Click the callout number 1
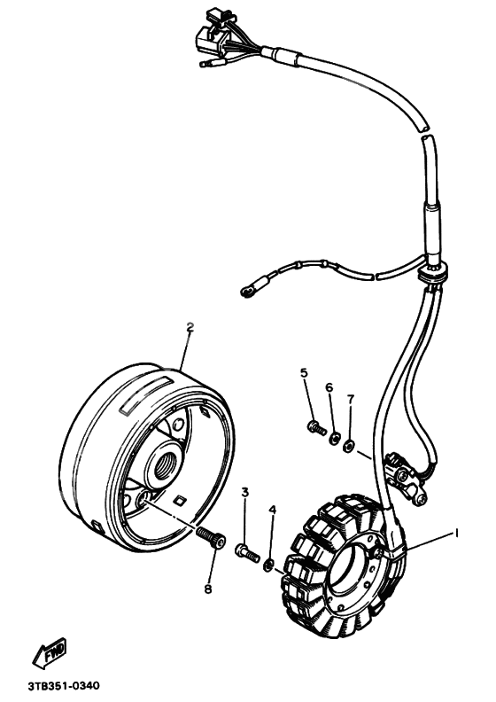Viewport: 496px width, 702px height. click(x=457, y=533)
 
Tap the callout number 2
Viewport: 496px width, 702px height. click(x=190, y=327)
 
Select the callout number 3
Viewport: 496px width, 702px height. click(x=245, y=493)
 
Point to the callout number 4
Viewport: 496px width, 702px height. click(x=273, y=510)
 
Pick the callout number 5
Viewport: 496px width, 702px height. click(x=304, y=372)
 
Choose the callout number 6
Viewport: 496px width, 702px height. click(x=329, y=387)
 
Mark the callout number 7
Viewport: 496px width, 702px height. click(x=350, y=399)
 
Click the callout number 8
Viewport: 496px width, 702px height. click(x=207, y=589)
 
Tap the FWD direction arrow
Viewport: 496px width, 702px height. click(x=50, y=652)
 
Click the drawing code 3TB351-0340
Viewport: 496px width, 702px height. click(x=64, y=686)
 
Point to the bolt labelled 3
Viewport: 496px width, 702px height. click(x=247, y=552)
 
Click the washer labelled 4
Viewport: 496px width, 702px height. click(x=269, y=565)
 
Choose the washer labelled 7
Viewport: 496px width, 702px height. click(x=348, y=446)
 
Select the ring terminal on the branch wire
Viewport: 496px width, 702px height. click(x=246, y=292)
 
